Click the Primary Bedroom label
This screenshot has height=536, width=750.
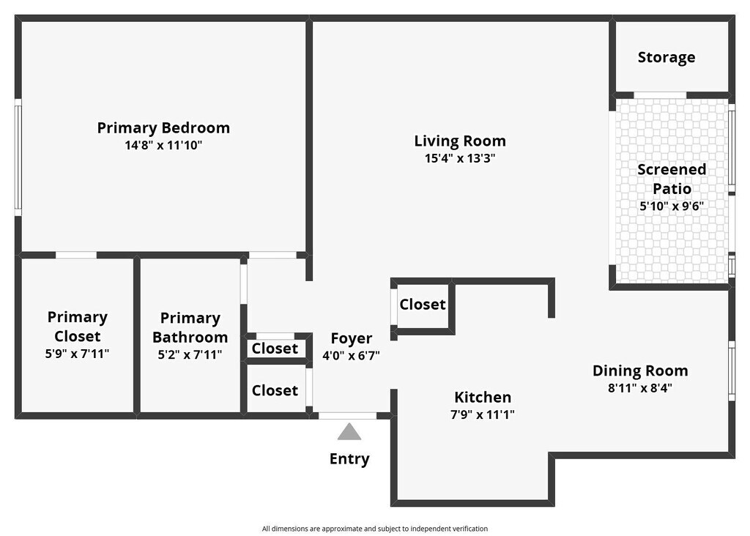click(x=163, y=128)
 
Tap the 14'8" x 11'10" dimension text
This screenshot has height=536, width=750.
click(x=163, y=146)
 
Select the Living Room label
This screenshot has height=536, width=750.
click(x=460, y=141)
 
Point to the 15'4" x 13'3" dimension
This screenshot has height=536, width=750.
click(x=460, y=158)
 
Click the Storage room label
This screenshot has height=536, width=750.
click(x=667, y=57)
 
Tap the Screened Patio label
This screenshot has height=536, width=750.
click(x=672, y=179)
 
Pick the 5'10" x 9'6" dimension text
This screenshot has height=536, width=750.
click(x=672, y=206)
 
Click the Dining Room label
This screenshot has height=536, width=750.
click(x=640, y=371)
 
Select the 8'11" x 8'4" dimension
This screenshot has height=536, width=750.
click(x=640, y=388)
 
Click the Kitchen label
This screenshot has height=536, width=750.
click(x=483, y=398)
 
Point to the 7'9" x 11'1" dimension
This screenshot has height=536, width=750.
click(x=483, y=414)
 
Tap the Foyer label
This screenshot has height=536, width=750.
click(x=352, y=338)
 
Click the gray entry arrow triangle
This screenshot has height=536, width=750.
click(x=349, y=432)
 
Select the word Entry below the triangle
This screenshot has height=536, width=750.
click(x=349, y=459)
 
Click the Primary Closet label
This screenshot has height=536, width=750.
click(x=78, y=327)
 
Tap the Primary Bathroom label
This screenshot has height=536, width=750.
click(x=190, y=327)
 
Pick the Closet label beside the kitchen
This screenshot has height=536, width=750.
click(x=423, y=305)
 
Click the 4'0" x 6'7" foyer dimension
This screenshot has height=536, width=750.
click(x=352, y=356)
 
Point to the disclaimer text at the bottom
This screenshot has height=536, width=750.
click(x=375, y=529)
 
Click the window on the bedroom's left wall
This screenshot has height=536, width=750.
click(x=18, y=157)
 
